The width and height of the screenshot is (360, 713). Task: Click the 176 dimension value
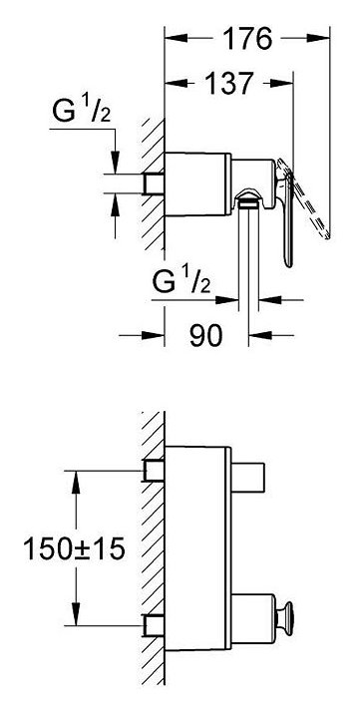coord(247,39)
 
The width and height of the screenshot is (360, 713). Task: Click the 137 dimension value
coord(228,83)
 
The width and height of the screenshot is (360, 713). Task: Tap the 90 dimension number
coord(206,336)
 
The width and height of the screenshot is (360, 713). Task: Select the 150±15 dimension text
coord(74,549)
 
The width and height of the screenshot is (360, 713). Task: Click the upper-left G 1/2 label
coord(82,112)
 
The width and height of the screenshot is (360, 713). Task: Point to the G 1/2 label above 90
coord(181,282)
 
